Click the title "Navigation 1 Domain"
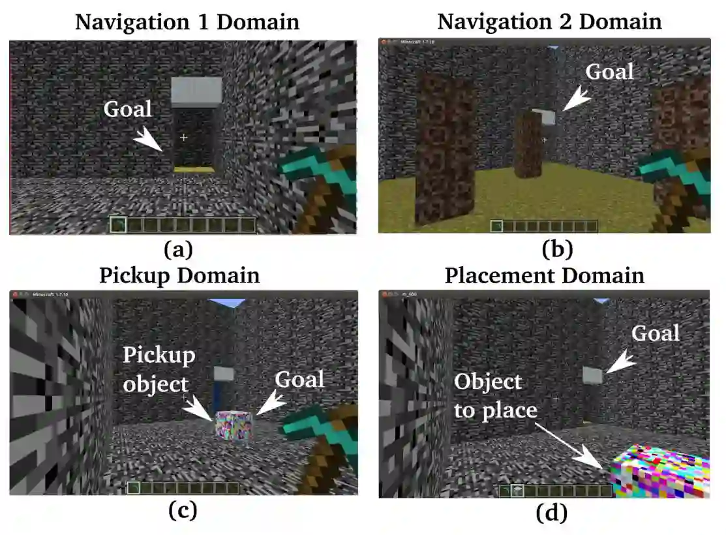tap(187, 22)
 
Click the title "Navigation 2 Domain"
tap(549, 22)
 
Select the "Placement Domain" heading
tap(544, 275)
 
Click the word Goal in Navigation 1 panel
tap(128, 109)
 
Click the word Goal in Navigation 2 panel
tap(609, 72)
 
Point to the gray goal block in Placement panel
tap(593, 375)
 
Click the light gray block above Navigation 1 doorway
tap(196, 92)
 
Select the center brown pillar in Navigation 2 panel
tap(528, 145)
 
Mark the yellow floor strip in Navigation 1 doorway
tap(194, 170)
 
